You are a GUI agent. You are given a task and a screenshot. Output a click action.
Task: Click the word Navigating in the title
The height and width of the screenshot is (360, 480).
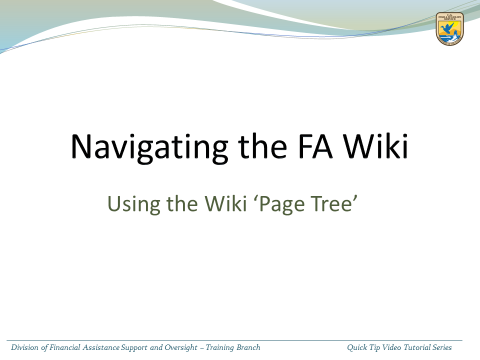pyautogui.click(x=149, y=148)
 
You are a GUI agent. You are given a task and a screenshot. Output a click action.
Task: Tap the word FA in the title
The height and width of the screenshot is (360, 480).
pyautogui.click(x=315, y=146)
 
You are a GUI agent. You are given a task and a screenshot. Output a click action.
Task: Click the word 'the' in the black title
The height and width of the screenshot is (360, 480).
pyautogui.click(x=263, y=146)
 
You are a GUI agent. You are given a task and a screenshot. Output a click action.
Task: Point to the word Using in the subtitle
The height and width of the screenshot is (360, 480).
pyautogui.click(x=134, y=204)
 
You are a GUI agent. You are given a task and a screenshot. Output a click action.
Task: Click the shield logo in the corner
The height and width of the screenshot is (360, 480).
pyautogui.click(x=450, y=29)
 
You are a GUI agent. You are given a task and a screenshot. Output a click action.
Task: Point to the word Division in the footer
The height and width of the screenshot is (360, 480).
pyautogui.click(x=25, y=347)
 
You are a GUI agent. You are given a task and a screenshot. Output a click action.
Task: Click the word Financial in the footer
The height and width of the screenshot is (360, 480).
pyautogui.click(x=65, y=347)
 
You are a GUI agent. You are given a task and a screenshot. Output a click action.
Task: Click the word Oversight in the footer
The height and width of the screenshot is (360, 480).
pyautogui.click(x=181, y=348)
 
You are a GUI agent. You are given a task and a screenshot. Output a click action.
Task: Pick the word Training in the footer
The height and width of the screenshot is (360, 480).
pyautogui.click(x=220, y=348)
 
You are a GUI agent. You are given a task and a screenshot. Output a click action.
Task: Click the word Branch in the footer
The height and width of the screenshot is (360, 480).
pyautogui.click(x=248, y=347)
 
